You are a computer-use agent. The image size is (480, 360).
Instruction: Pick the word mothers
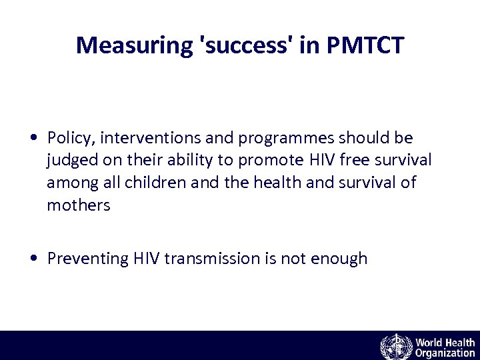[78, 205]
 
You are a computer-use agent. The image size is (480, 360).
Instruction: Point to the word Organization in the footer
[445, 353]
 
